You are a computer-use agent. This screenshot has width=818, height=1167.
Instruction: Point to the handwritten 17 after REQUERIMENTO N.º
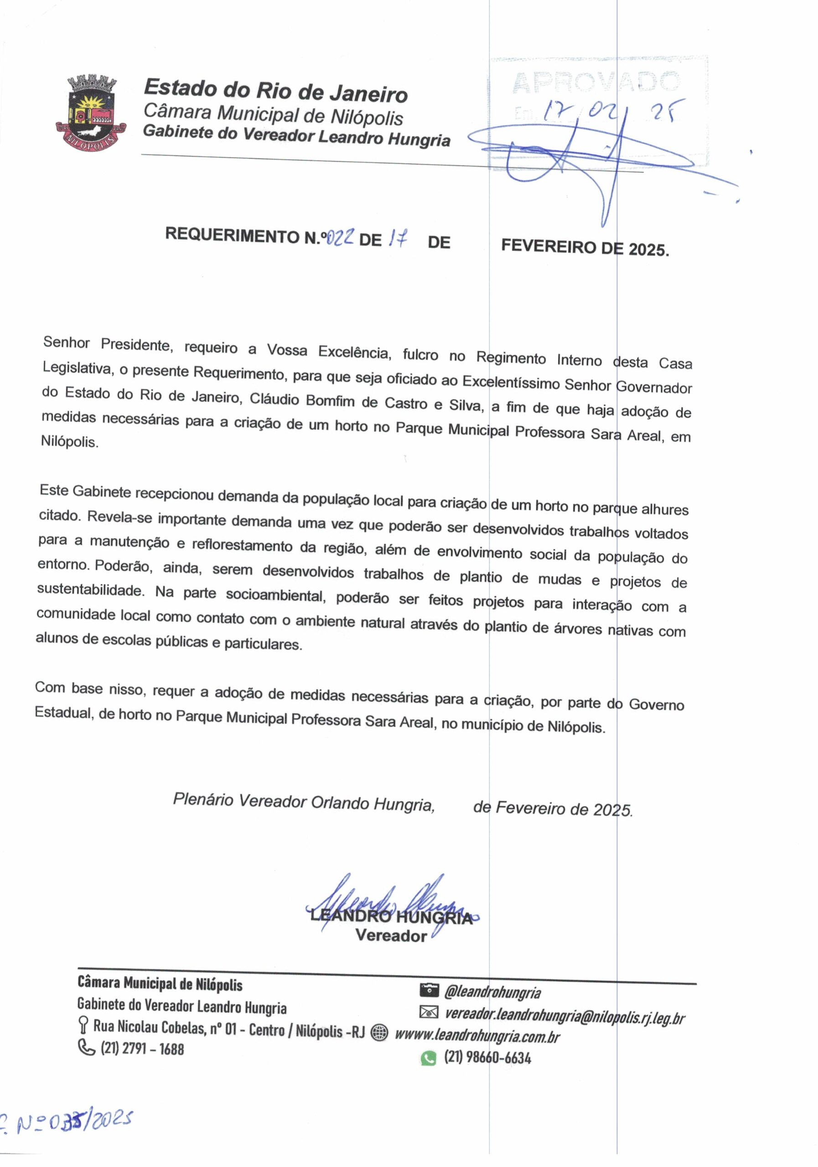click(x=397, y=238)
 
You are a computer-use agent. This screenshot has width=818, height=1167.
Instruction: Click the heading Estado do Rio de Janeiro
click(x=275, y=90)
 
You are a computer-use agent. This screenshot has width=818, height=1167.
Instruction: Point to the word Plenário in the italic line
click(x=203, y=800)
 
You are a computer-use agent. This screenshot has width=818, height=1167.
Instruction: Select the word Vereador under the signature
click(x=390, y=936)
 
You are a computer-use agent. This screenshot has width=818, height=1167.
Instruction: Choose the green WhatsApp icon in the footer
click(x=428, y=1058)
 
